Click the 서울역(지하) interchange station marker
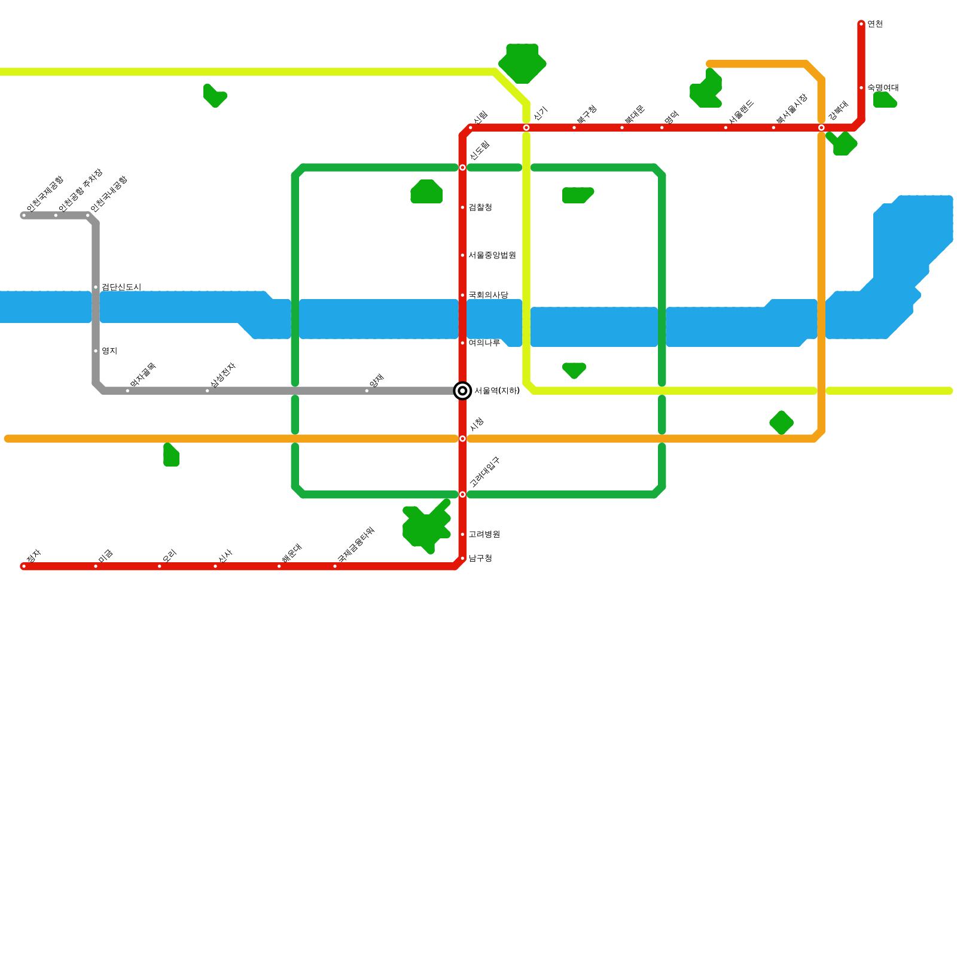(462, 391)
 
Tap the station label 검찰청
(480, 208)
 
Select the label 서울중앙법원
(492, 255)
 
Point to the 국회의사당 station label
(488, 295)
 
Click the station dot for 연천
(861, 24)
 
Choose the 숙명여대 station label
(883, 88)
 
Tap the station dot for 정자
(24, 566)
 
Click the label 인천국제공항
(44, 194)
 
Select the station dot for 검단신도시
(96, 287)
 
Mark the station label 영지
(109, 351)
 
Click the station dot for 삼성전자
(208, 391)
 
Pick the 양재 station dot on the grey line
(367, 391)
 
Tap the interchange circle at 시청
(462, 438)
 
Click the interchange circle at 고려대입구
(462, 495)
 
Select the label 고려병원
(484, 534)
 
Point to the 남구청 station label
(480, 558)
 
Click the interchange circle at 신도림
(462, 167)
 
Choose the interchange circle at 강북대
(821, 127)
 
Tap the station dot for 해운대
(279, 566)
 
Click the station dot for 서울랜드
(726, 127)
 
